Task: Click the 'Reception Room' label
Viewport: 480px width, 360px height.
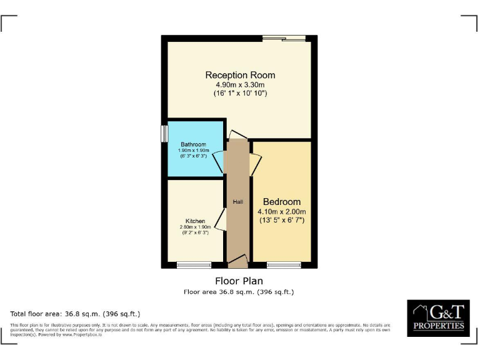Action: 240,75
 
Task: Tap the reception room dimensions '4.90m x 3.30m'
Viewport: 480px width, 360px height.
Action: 240,84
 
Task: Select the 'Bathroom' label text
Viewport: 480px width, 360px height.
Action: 193,144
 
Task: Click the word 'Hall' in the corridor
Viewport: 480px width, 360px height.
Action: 237,202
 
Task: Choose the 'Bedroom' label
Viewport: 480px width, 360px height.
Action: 281,202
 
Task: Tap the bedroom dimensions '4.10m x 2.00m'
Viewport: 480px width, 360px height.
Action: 281,211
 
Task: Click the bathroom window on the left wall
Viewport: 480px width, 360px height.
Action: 164,134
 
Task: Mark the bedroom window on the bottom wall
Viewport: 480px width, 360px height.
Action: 284,265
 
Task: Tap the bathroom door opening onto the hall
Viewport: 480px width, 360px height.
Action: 219,163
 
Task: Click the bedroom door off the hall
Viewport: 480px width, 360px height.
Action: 255,164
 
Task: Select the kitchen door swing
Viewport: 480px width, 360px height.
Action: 220,220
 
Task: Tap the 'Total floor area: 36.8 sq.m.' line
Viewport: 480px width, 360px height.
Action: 76,314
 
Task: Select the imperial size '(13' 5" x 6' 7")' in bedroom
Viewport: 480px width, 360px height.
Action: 281,220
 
